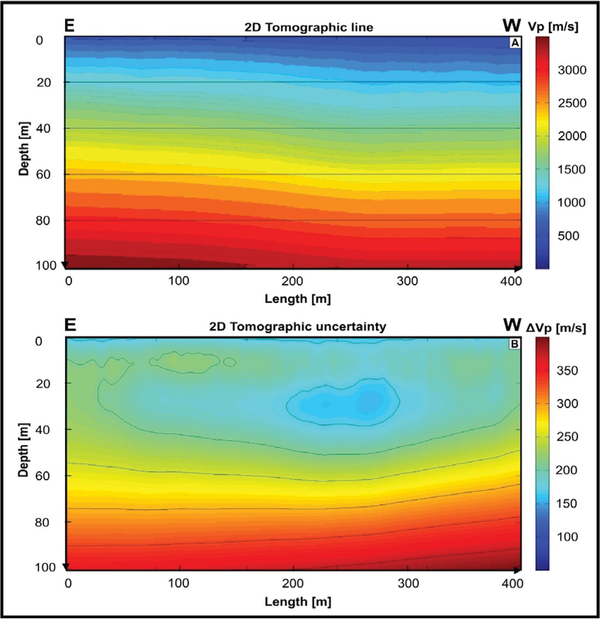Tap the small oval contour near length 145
point(229,362)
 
